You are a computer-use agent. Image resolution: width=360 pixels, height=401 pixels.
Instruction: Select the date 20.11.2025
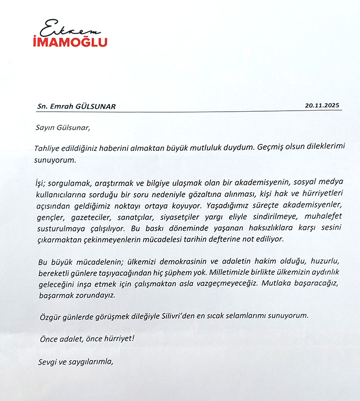tap(323, 106)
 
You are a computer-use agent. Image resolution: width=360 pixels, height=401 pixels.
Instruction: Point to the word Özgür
tap(50, 316)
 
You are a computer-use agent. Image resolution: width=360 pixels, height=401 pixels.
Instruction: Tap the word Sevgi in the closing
tap(48, 361)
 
